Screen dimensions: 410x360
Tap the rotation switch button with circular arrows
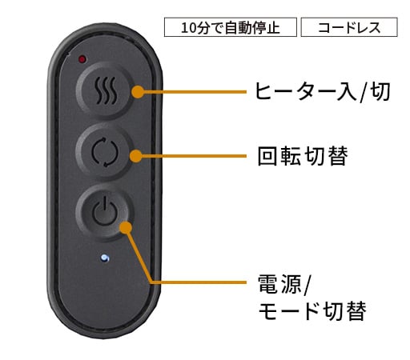[105, 152]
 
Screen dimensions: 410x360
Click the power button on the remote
[105, 212]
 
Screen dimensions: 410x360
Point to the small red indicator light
[82, 59]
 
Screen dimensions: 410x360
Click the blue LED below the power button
[105, 258]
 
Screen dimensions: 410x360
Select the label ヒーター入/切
[323, 91]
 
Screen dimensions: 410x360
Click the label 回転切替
[303, 156]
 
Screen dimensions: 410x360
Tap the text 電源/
[283, 285]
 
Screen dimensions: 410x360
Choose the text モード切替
[312, 310]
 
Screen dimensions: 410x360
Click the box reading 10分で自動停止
[231, 27]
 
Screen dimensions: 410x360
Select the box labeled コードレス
[349, 27]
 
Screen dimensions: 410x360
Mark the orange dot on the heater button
[138, 92]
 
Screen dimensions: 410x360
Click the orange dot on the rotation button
[136, 156]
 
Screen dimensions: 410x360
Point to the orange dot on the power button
[126, 227]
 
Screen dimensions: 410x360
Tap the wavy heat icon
[107, 90]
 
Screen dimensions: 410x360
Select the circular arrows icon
[104, 152]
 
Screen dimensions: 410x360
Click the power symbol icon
[105, 211]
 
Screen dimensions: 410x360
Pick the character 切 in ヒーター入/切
[380, 91]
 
